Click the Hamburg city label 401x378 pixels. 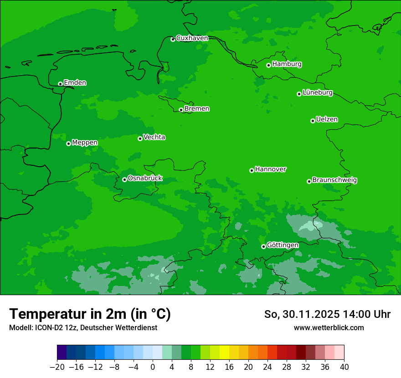[x=287, y=64]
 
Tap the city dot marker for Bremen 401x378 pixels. [x=181, y=110]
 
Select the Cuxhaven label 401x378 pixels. [x=192, y=38]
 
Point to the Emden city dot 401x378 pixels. [x=60, y=84]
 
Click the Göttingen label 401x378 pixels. [x=283, y=245]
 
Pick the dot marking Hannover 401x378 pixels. [x=252, y=171]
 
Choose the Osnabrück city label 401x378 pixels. [x=145, y=179]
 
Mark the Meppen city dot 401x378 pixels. [x=68, y=144]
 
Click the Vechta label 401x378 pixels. [x=154, y=137]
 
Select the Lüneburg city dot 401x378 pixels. [x=299, y=94]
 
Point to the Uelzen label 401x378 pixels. [x=327, y=120]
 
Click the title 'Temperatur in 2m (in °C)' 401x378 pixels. [x=90, y=314]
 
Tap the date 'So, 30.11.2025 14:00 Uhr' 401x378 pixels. [x=327, y=314]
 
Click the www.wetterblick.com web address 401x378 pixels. [x=329, y=327]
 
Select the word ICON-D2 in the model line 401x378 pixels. [x=46, y=327]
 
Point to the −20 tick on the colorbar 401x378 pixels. [x=57, y=367]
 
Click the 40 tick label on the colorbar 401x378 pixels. [x=344, y=367]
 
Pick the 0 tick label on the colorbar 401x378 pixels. [x=153, y=367]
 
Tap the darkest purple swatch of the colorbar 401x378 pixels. [x=62, y=352]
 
